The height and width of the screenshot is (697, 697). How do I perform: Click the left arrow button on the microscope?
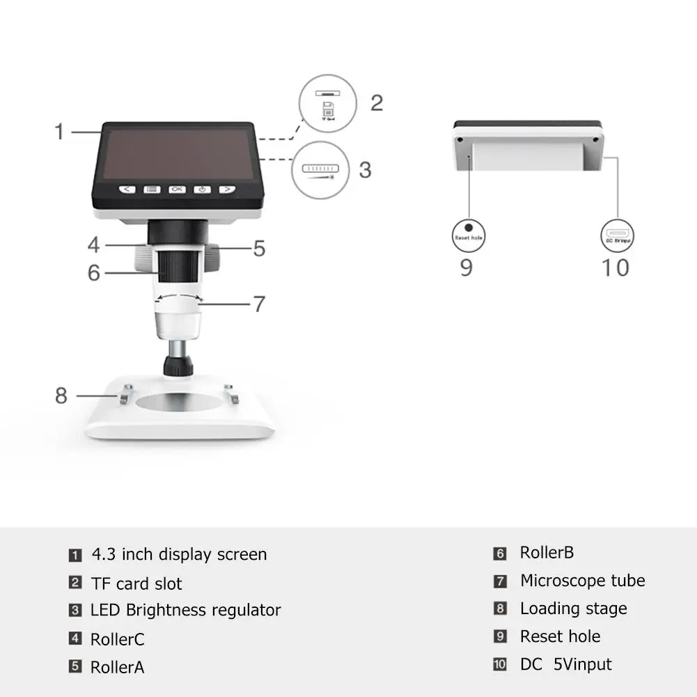click(126, 189)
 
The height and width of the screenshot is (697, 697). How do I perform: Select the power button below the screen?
click(202, 189)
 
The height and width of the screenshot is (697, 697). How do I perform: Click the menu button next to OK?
click(152, 189)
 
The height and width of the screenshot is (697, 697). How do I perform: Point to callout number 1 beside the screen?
click(60, 131)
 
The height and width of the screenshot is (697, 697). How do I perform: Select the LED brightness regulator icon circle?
click(320, 171)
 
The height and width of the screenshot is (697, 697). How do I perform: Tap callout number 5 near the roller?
click(259, 249)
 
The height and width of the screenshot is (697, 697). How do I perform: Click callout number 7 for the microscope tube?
click(259, 304)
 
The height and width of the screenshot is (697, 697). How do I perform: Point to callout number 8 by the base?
click(61, 396)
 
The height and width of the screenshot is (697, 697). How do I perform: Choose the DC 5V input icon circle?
click(617, 235)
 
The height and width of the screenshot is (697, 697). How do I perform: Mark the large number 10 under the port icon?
click(616, 267)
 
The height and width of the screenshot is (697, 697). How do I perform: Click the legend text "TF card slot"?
click(136, 584)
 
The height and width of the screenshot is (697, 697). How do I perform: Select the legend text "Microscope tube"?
click(582, 581)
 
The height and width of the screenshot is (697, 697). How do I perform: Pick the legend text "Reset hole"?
click(560, 636)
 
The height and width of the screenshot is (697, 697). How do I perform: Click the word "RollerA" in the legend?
click(117, 667)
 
